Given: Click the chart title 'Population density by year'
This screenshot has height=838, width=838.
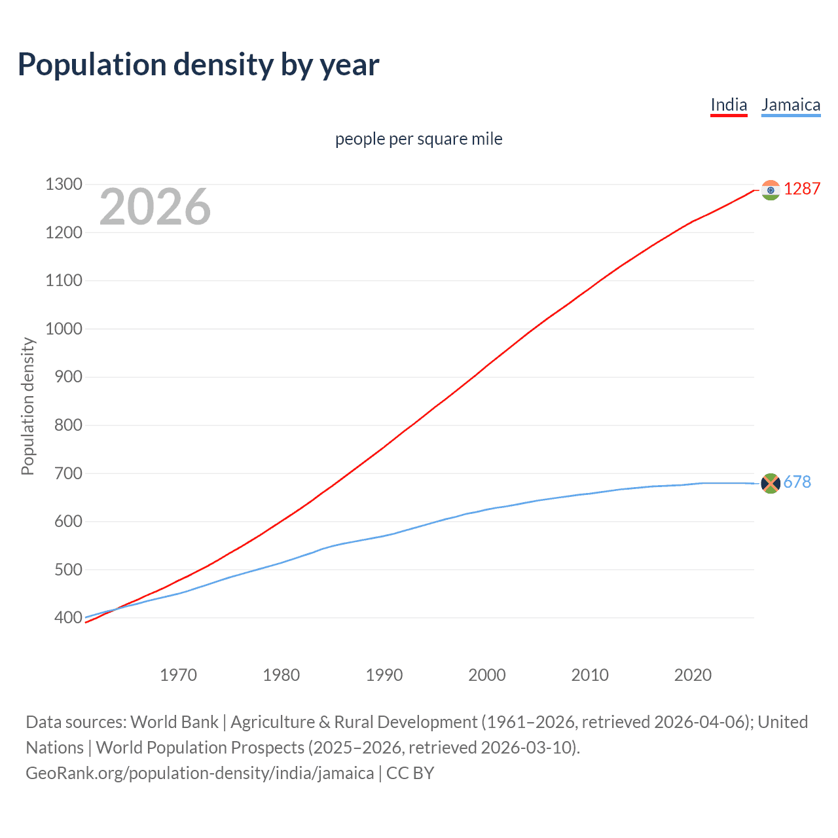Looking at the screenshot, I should click(198, 65).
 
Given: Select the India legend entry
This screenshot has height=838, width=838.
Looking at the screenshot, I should click(729, 105).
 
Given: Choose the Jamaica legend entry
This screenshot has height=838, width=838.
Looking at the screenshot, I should click(790, 105).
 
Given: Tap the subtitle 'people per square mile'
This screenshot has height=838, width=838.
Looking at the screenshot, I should click(418, 139).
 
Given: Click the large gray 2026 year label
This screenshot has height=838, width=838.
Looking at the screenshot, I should click(155, 207).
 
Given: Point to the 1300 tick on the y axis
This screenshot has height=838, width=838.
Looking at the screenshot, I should click(64, 185).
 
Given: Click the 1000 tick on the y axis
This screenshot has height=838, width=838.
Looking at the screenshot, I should click(64, 329).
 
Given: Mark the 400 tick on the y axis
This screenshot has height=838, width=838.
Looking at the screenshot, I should click(68, 617).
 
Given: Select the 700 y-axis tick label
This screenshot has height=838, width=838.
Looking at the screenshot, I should click(68, 473).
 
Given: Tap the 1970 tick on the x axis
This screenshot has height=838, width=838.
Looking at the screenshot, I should click(178, 675).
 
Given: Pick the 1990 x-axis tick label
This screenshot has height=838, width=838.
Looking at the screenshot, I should click(384, 675).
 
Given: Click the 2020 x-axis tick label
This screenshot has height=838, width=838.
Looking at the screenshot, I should click(693, 675).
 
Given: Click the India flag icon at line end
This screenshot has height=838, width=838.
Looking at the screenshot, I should click(771, 190).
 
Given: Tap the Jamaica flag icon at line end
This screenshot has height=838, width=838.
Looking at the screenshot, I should click(771, 483).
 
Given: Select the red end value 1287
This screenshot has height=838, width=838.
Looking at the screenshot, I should click(802, 189).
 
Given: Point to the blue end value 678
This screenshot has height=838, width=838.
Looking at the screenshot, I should click(797, 483).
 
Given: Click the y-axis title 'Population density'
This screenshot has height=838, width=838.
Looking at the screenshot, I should click(27, 406).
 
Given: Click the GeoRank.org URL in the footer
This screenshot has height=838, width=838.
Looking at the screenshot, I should click(200, 773).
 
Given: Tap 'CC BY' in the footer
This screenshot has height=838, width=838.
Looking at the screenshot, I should click(410, 773).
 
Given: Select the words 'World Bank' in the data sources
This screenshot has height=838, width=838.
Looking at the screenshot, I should click(174, 722).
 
